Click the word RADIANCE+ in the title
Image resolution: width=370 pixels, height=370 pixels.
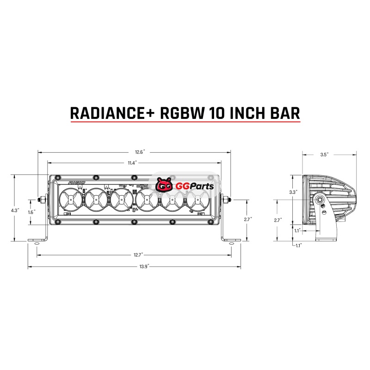[x=112, y=113]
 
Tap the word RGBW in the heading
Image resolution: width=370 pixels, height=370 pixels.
[x=182, y=113]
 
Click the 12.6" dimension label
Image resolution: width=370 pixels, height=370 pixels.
[x=140, y=152]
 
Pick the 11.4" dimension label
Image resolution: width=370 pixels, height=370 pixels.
[x=132, y=163]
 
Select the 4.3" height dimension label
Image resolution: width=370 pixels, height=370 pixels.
[x=15, y=210]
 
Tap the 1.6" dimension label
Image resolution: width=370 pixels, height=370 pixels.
[x=31, y=212]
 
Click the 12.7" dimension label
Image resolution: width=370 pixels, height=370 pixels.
[x=138, y=255]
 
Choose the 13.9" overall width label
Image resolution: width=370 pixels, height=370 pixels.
[x=144, y=267]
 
